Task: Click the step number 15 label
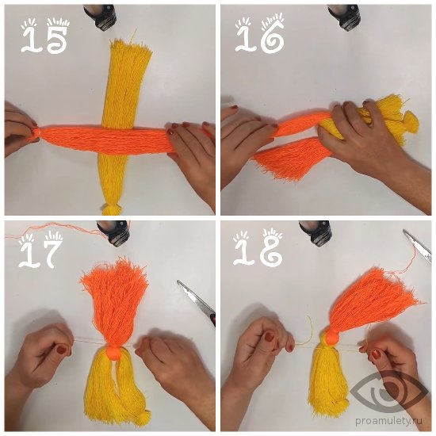point(45,36)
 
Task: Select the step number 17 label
point(41,249)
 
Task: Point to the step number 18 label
point(258,247)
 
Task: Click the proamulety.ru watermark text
point(388,421)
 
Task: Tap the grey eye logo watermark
point(388,392)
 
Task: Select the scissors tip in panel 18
point(403,231)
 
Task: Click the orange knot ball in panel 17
point(113,352)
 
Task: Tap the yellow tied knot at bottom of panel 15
point(111,208)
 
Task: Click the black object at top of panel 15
point(101,17)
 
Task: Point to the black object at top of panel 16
point(344,16)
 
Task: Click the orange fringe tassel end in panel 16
point(289,159)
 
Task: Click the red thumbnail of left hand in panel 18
point(270,337)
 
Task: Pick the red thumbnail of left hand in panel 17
point(62,350)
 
